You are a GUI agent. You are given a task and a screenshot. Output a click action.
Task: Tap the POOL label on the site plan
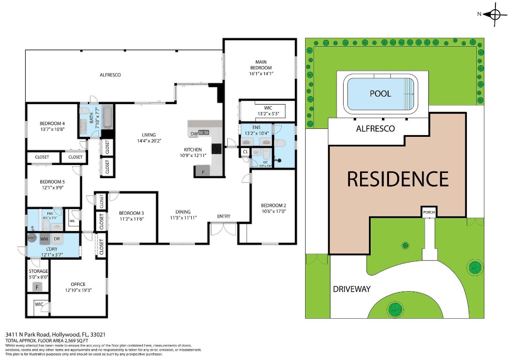tap(380, 93)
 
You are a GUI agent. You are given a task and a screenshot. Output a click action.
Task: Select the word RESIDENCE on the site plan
tap(397, 179)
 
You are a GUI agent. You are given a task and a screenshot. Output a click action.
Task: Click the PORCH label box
tap(429, 212)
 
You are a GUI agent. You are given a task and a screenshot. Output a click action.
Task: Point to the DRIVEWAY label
tap(352, 289)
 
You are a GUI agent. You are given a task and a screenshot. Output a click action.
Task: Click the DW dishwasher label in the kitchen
tap(194, 133)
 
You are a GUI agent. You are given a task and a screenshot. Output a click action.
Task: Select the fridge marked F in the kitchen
tap(203, 172)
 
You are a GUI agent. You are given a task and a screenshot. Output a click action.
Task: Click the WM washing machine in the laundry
tap(45, 239)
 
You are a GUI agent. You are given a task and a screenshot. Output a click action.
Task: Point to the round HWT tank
tap(32, 238)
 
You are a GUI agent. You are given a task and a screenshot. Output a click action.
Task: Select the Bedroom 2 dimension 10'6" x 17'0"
tap(273, 211)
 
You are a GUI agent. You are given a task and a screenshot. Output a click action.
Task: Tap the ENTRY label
tap(224, 216)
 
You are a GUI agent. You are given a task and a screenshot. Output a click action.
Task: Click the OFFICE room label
tap(78, 284)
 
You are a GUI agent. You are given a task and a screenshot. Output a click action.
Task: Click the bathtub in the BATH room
tap(107, 117)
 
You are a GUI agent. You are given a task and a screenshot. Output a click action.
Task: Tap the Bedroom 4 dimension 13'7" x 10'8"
tap(52, 129)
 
